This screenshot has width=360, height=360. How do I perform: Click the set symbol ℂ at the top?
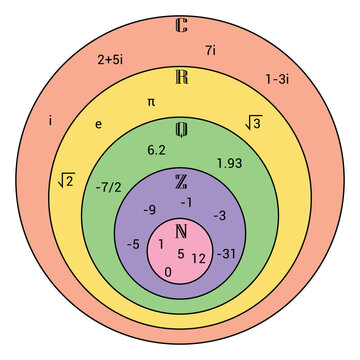(180, 24)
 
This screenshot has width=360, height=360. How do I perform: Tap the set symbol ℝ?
(180, 78)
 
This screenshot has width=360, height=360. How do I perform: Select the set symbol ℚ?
(181, 129)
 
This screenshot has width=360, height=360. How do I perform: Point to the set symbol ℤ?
(181, 181)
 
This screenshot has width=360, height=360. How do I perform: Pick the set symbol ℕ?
(181, 232)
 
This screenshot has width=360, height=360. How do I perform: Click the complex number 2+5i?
(110, 59)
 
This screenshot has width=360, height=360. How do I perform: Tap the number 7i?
(211, 49)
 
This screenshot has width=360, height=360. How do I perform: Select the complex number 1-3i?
(278, 77)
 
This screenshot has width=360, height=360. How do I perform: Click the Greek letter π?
(151, 101)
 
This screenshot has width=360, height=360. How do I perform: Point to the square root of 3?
(253, 123)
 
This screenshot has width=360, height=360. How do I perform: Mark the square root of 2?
(66, 180)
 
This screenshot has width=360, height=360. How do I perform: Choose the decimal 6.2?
(156, 150)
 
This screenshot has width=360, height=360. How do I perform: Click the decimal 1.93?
(229, 162)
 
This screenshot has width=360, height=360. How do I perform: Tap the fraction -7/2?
(109, 187)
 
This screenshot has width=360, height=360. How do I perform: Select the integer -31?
(227, 253)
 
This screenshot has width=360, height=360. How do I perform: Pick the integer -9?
(148, 210)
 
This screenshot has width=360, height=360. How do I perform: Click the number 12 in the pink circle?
(198, 258)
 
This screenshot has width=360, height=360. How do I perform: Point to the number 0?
(167, 271)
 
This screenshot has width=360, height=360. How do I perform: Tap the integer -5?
(132, 244)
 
